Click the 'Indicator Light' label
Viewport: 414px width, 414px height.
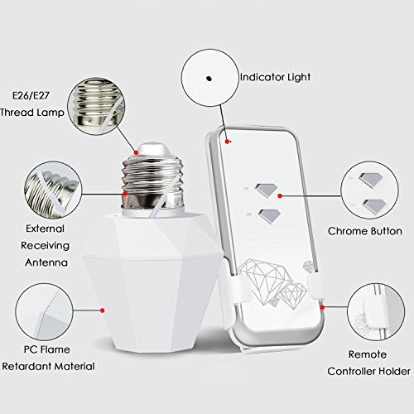click(275, 77)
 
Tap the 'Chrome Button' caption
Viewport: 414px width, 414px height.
click(365, 231)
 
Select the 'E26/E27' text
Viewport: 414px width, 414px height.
click(31, 95)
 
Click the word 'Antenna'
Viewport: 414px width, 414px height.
click(46, 262)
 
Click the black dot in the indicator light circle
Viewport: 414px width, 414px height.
click(209, 79)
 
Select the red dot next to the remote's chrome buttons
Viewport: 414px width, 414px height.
click(280, 196)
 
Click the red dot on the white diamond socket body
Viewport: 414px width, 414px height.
click(103, 310)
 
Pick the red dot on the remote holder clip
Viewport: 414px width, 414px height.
click(322, 307)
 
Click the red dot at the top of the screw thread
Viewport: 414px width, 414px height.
click(136, 152)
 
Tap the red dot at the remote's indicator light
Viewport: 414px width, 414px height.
click(227, 142)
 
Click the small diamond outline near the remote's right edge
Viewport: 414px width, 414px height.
click(308, 267)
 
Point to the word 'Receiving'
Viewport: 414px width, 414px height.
click(45, 246)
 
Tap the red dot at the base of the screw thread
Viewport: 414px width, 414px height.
click(125, 194)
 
